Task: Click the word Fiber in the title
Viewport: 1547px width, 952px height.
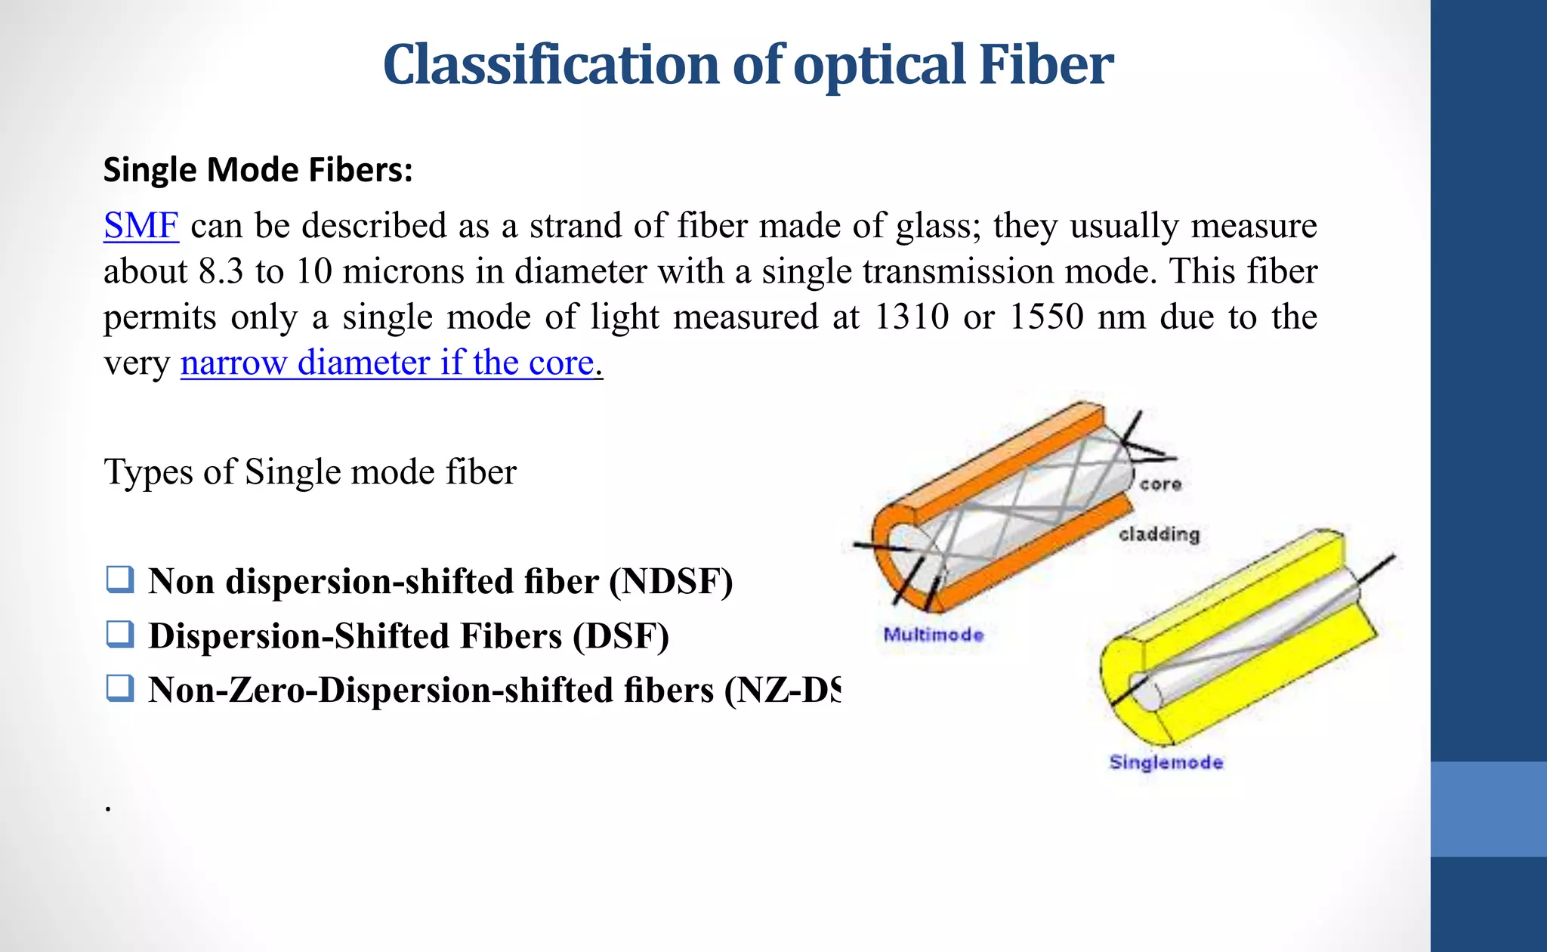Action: coord(1045,65)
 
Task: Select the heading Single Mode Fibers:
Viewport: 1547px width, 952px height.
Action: coord(258,170)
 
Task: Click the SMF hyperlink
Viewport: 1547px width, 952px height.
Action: coord(141,226)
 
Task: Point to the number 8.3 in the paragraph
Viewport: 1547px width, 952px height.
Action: coord(221,272)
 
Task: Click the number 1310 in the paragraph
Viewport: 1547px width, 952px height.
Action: coord(911,317)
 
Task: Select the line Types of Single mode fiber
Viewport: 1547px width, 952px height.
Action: coord(310,472)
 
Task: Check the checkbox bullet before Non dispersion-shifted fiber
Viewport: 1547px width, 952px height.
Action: coord(121,580)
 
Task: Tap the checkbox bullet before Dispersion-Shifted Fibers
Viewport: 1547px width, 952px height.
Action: coord(121,634)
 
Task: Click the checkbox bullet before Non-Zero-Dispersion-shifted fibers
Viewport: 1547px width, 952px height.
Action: coord(121,688)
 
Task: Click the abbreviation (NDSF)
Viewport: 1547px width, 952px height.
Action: coord(671,582)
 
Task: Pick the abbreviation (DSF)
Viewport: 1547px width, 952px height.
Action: coord(620,636)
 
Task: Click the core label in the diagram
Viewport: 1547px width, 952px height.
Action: coord(1160,484)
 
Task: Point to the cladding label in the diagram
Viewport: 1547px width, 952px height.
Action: coord(1159,534)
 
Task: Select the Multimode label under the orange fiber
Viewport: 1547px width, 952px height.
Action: coord(934,635)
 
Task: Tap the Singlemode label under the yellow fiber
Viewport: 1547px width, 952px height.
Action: coord(1166,762)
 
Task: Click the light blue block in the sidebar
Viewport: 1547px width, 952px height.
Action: coord(1488,808)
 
